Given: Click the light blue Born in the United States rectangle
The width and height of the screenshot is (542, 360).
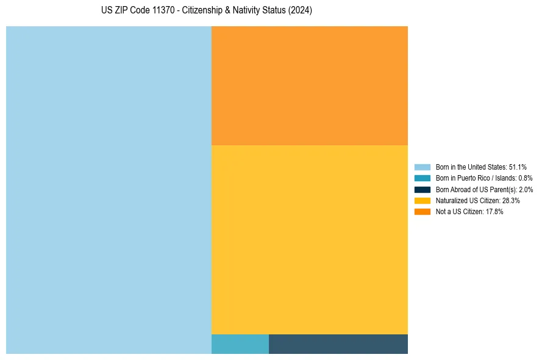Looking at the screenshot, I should click(x=109, y=190).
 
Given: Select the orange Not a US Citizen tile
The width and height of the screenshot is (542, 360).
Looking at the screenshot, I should click(x=309, y=85).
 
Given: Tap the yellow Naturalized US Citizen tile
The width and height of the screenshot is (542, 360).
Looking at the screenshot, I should click(x=309, y=239).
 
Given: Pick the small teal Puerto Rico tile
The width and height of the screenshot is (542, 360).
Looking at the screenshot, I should click(x=240, y=344).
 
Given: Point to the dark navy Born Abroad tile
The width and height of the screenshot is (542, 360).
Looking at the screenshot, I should click(x=338, y=344).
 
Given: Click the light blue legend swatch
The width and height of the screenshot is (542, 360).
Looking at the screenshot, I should click(x=423, y=167).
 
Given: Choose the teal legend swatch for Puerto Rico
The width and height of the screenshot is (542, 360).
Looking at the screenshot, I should click(x=423, y=178).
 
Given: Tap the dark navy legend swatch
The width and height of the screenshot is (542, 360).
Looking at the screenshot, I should click(x=423, y=190).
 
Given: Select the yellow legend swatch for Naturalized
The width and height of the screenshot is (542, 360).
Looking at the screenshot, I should click(x=423, y=201).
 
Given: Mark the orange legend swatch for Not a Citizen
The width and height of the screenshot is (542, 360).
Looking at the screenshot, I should click(x=423, y=212).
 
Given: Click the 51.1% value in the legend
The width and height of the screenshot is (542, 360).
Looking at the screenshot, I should click(x=518, y=167).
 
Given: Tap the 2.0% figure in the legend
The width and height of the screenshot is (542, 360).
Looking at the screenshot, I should click(x=526, y=190).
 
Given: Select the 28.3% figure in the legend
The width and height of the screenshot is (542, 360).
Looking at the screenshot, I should click(x=511, y=201).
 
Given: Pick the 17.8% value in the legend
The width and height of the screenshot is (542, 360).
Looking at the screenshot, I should click(x=494, y=212).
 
